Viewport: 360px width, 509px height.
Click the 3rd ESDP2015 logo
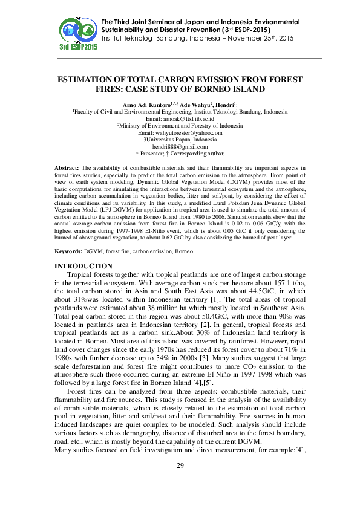[x=79, y=34]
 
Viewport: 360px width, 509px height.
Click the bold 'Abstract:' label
[x=67, y=166]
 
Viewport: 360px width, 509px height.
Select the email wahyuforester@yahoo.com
[x=188, y=133]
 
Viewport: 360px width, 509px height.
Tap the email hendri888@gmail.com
[x=180, y=146]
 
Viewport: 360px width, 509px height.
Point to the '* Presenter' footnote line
[x=180, y=153]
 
